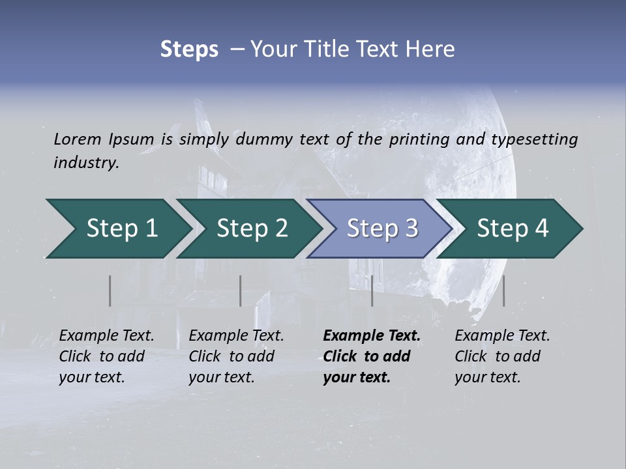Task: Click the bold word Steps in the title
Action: [189, 50]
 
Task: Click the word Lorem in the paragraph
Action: [78, 139]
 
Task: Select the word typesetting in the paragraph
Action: [534, 139]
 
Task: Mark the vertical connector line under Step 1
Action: [110, 291]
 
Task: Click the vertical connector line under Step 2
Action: [241, 291]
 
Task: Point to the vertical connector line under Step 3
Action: [372, 291]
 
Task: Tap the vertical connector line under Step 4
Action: [504, 291]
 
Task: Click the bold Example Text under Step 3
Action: [372, 335]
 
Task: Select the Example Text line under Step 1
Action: [106, 335]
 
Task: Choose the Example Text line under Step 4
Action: [502, 335]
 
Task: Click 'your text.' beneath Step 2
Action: [221, 377]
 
